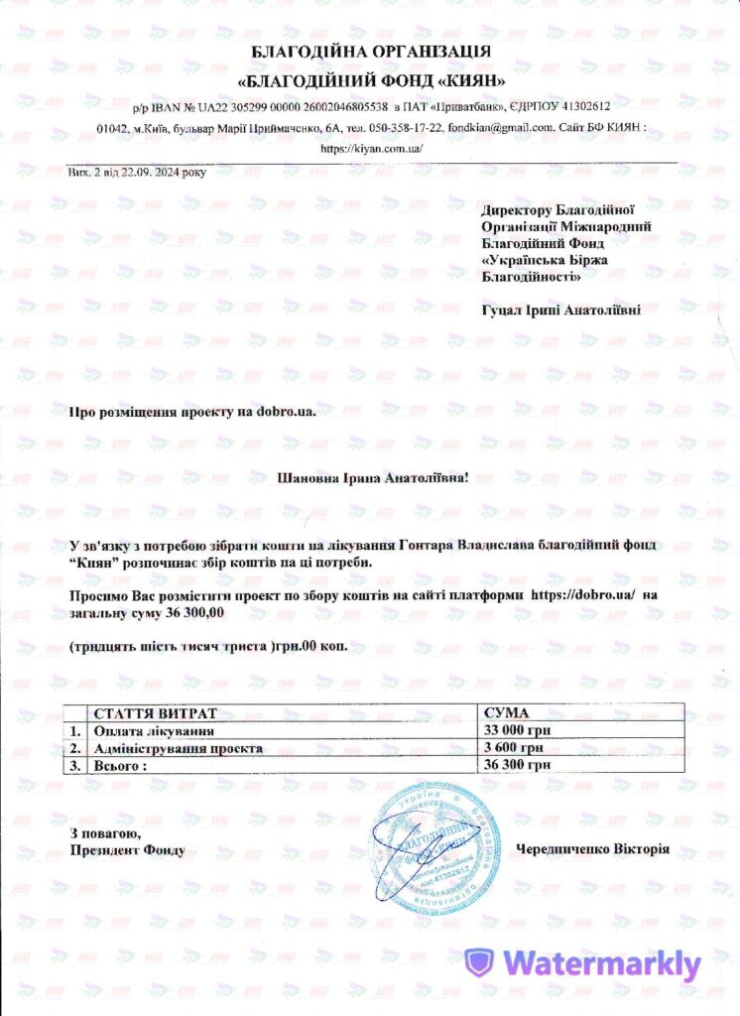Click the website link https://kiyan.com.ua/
(370, 149)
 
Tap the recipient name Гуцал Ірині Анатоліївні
(560, 310)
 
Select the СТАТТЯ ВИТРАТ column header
(154, 713)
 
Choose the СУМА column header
(505, 713)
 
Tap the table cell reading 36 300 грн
(515, 765)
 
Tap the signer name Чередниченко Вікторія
(592, 849)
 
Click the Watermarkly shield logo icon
(481, 962)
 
